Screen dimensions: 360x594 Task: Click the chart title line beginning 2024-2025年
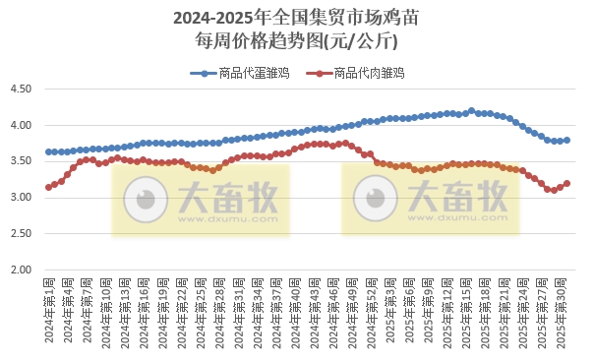pos(296,18)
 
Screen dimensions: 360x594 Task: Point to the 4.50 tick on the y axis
pos(21,90)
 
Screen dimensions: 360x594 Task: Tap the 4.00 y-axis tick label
pos(21,126)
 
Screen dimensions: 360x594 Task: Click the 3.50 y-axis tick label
pos(21,161)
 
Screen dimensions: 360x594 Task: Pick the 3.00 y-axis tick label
pos(21,198)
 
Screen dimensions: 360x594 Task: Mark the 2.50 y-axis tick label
pos(21,234)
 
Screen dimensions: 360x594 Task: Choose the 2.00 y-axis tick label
pos(21,270)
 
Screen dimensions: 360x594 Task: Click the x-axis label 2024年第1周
pos(49,310)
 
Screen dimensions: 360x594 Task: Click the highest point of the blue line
pos(472,111)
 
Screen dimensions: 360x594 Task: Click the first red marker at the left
pos(48,187)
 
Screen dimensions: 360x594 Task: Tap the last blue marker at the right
pos(567,141)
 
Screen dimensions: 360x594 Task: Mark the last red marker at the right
pos(567,183)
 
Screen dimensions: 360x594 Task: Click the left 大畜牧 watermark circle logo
pos(147,200)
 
